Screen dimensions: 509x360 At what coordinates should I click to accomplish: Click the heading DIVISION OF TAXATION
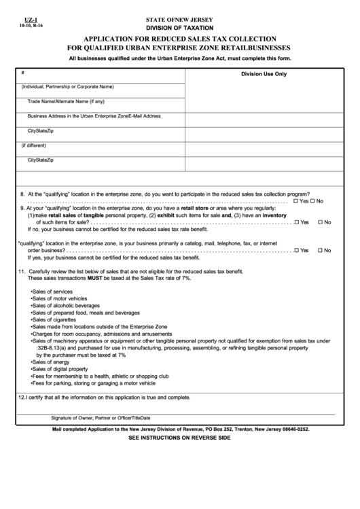(x=179, y=28)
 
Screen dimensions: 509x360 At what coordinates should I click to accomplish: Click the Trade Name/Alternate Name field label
(x=66, y=101)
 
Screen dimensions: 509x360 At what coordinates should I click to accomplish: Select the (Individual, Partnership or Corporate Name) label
(x=67, y=87)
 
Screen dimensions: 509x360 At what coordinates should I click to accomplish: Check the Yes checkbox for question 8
(x=295, y=202)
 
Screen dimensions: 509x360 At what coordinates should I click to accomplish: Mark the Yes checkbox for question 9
(x=297, y=222)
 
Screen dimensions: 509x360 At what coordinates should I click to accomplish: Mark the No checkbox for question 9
(x=320, y=222)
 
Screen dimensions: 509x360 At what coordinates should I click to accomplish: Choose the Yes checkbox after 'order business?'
(x=297, y=250)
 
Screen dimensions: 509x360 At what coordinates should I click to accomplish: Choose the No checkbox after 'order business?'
(x=320, y=250)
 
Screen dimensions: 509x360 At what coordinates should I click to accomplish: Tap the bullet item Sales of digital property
(x=60, y=369)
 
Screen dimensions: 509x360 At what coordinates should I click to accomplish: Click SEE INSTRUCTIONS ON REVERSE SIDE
(x=179, y=438)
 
